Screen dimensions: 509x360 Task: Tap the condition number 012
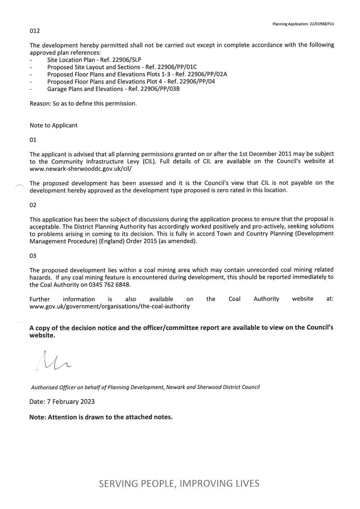click(x=35, y=31)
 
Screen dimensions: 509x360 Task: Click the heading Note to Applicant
click(x=53, y=125)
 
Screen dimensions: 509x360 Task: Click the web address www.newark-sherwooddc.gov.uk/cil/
click(x=81, y=168)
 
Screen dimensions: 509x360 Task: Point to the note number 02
click(x=33, y=205)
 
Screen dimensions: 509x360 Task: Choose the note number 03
click(x=33, y=255)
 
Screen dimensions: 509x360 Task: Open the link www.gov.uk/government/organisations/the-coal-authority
click(x=109, y=306)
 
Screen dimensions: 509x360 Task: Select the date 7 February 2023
click(x=62, y=402)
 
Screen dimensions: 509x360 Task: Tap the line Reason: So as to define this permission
click(x=83, y=103)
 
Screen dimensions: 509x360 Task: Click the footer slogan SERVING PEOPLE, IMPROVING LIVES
click(x=179, y=483)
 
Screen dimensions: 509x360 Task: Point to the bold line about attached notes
click(x=101, y=417)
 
